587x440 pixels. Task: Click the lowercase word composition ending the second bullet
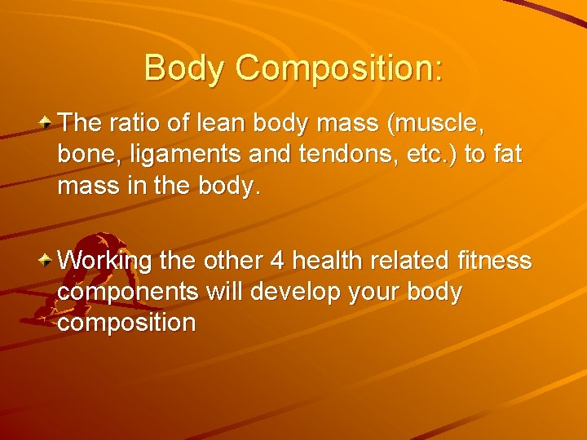coord(127,323)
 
